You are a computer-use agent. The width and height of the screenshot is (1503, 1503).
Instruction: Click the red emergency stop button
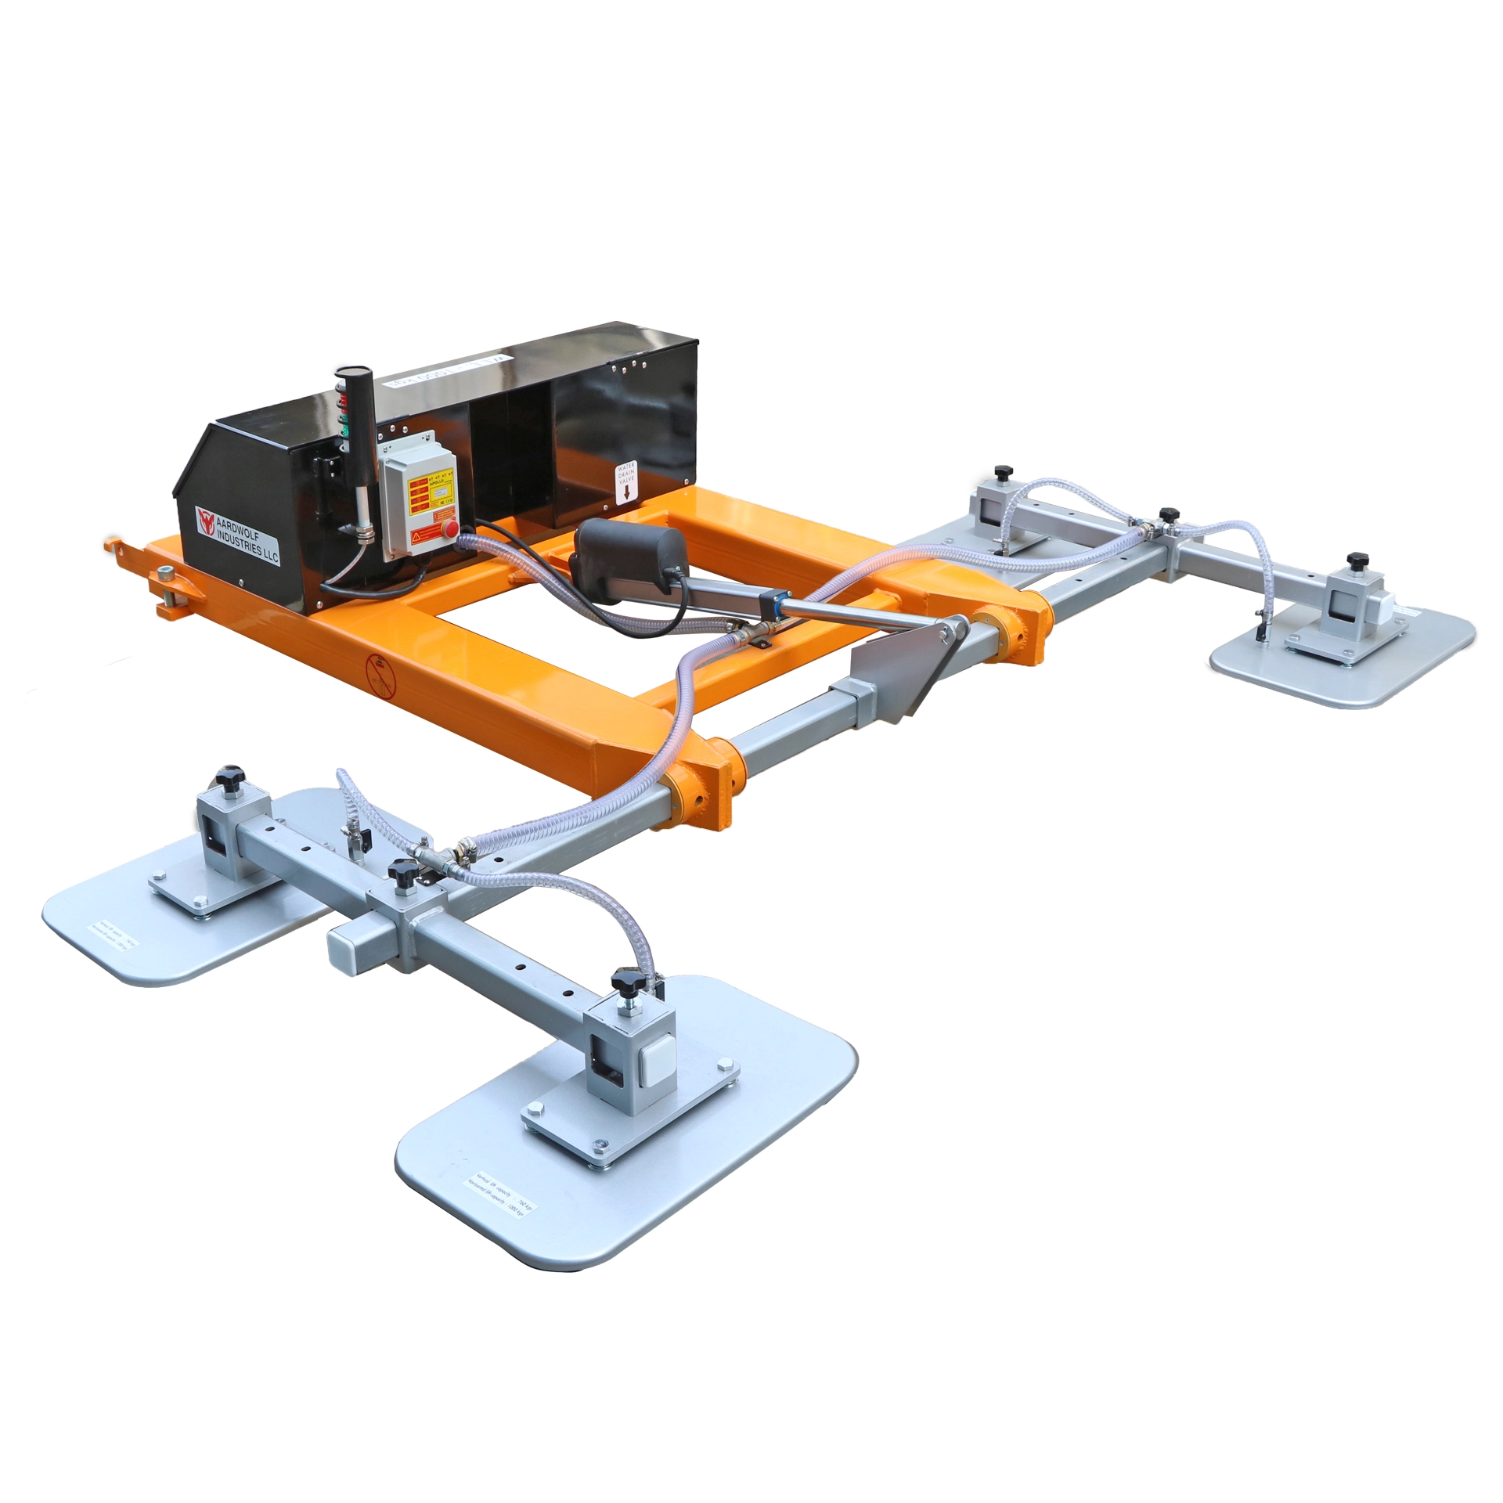tap(452, 529)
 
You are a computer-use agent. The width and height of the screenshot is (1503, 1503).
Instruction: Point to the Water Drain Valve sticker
tap(626, 481)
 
